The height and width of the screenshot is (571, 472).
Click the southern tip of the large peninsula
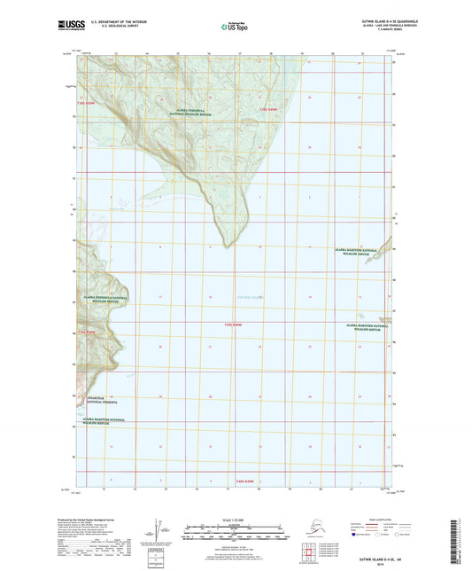pos(232,245)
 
